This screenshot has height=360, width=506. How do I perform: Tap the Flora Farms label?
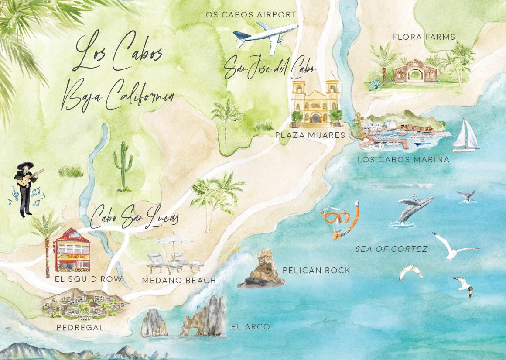[423, 37]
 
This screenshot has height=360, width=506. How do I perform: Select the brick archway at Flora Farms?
[409, 72]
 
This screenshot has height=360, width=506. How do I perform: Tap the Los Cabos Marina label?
[403, 160]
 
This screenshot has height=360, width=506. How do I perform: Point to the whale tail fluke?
[466, 195]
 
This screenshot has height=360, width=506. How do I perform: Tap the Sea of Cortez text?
[391, 249]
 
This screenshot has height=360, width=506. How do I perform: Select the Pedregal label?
[80, 327]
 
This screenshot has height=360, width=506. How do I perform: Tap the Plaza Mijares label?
[310, 135]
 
